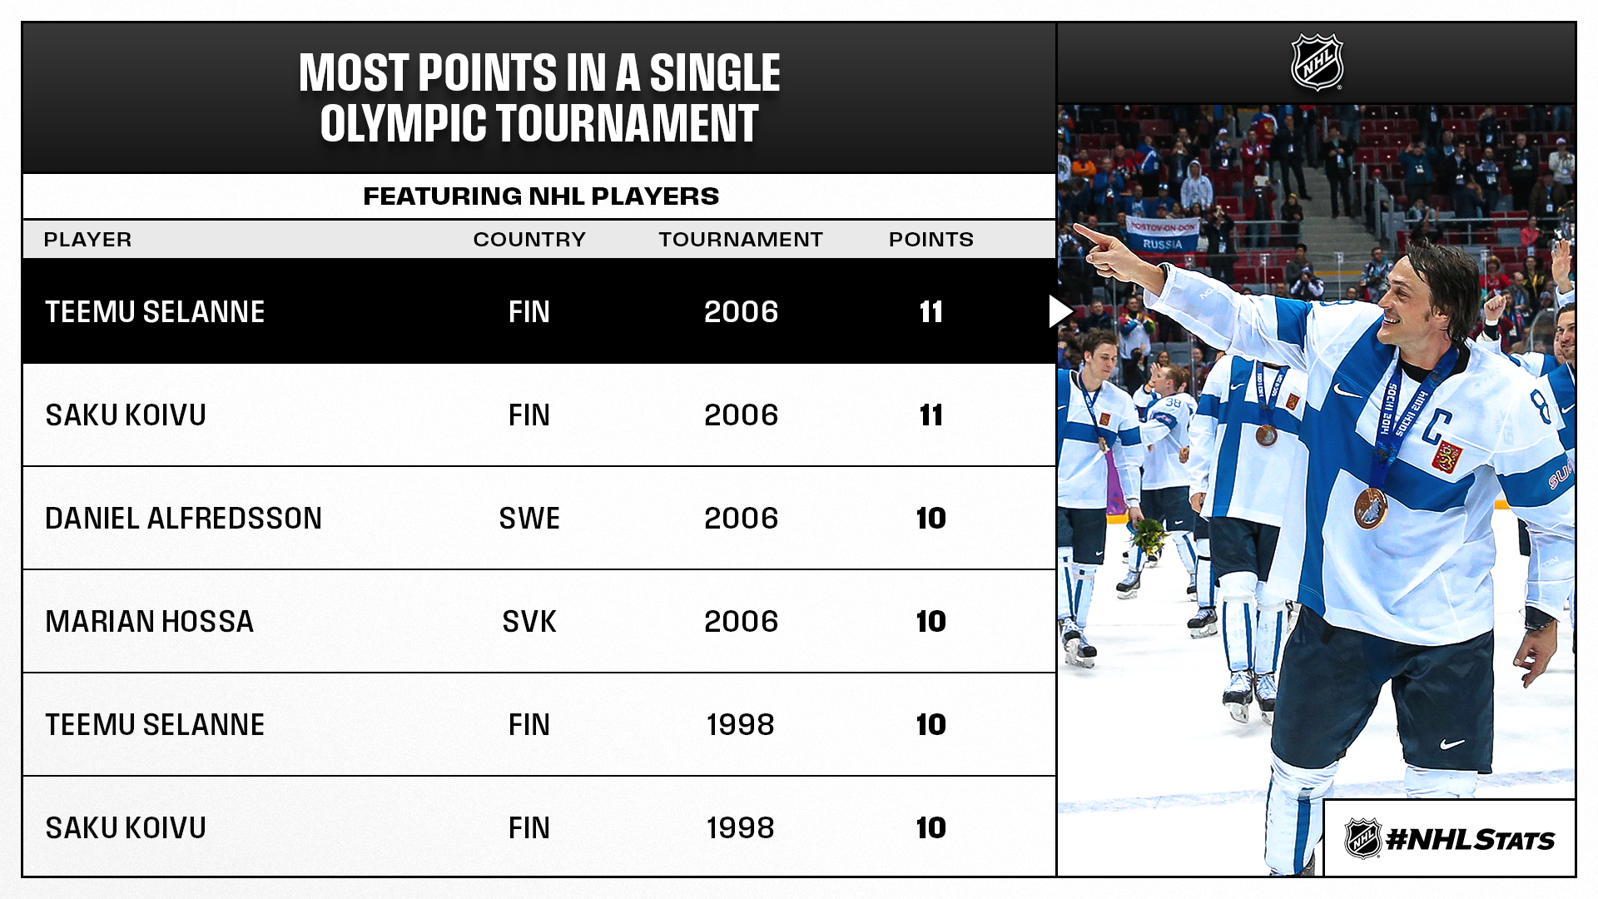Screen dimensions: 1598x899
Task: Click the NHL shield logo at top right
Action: point(1317,62)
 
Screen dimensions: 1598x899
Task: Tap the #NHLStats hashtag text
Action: point(1471,839)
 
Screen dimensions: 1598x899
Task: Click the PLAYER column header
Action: point(87,240)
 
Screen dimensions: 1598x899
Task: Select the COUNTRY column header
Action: point(529,240)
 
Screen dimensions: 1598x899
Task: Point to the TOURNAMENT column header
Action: point(741,240)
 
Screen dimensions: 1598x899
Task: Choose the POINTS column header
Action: point(931,240)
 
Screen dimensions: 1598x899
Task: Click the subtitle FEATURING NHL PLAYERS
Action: point(541,196)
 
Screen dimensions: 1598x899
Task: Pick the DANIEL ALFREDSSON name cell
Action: point(183,518)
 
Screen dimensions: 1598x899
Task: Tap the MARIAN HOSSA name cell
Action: point(149,621)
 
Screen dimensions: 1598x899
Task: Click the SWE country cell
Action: point(529,518)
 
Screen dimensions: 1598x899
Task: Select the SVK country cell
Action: point(529,621)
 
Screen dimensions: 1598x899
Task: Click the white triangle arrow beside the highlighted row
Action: point(1060,311)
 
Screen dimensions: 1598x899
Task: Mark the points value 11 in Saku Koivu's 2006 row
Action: point(931,415)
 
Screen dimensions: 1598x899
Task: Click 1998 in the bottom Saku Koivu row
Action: point(741,827)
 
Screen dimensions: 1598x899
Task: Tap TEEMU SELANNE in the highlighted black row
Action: point(155,311)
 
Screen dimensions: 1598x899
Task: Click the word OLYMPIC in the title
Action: point(403,123)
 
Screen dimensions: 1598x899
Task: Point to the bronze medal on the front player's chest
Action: point(1370,509)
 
